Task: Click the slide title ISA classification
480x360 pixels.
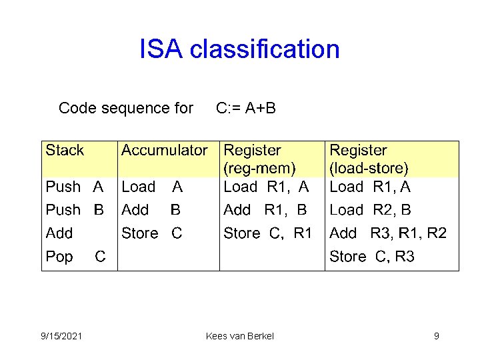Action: pyautogui.click(x=239, y=49)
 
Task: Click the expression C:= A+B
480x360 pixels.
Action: pyautogui.click(x=246, y=108)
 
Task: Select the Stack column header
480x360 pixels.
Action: pyautogui.click(x=65, y=151)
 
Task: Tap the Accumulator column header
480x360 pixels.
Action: pyautogui.click(x=164, y=151)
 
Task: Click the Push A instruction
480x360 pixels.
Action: pyautogui.click(x=74, y=187)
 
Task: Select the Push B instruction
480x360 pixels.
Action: pyautogui.click(x=74, y=210)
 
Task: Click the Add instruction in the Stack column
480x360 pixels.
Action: pyautogui.click(x=59, y=233)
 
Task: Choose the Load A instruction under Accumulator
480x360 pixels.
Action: pyautogui.click(x=151, y=187)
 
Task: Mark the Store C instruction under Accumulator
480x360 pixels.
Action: pyautogui.click(x=151, y=233)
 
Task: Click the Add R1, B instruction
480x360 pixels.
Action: pyautogui.click(x=265, y=210)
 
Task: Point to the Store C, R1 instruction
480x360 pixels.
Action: pyautogui.click(x=267, y=233)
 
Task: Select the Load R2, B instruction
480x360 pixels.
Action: pyautogui.click(x=370, y=210)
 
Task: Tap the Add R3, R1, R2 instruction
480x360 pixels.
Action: pyautogui.click(x=388, y=233)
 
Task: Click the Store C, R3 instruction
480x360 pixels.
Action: pyautogui.click(x=372, y=257)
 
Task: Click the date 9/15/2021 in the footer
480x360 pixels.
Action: pyautogui.click(x=61, y=336)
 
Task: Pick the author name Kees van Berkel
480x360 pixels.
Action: pyautogui.click(x=240, y=336)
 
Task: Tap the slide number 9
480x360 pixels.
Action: pyautogui.click(x=436, y=336)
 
